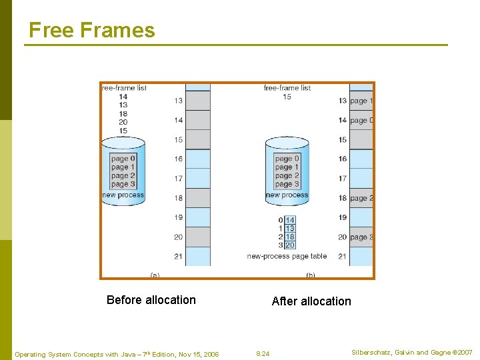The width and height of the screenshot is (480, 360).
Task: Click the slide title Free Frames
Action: [x=92, y=30]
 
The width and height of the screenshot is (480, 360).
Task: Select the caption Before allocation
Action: [x=151, y=300]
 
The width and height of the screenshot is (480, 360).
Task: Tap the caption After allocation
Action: [x=311, y=301]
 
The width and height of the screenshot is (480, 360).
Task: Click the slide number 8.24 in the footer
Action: [x=263, y=353]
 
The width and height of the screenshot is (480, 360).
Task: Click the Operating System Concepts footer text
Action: [x=117, y=354]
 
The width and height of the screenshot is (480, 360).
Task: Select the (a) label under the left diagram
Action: [x=155, y=274]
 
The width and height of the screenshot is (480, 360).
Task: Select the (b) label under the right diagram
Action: [x=311, y=274]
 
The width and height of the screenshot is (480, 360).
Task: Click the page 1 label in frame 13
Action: [x=361, y=101]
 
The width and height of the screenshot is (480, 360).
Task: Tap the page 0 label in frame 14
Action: [x=361, y=121]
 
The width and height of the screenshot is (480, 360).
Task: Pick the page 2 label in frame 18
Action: [x=361, y=198]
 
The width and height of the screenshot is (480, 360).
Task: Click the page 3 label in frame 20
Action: [x=361, y=237]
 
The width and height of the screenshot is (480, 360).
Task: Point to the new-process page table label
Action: [x=287, y=256]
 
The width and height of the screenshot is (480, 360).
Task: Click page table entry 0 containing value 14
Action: [x=290, y=220]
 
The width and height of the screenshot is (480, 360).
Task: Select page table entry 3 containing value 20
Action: [x=290, y=245]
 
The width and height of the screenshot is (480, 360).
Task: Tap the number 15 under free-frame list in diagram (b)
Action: [x=287, y=97]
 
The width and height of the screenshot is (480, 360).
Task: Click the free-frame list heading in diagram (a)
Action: [x=124, y=88]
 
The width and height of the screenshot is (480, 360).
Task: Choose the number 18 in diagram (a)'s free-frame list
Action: [x=123, y=113]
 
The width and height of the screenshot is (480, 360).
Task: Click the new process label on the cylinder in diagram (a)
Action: [x=123, y=195]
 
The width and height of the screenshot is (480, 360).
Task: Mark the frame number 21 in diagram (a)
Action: [x=178, y=256]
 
